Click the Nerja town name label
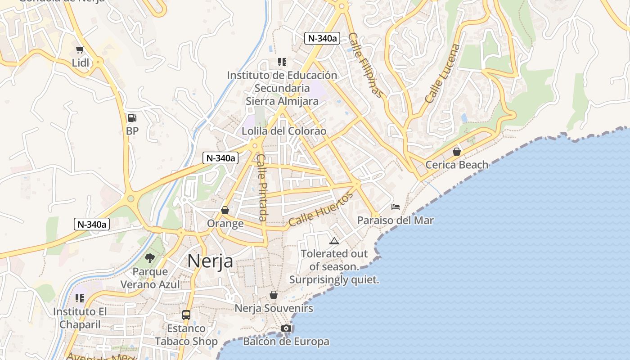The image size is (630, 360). (210, 261)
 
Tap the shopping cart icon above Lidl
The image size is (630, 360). (80, 50)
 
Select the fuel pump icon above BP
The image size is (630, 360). (132, 118)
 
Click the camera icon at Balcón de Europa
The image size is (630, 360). (286, 328)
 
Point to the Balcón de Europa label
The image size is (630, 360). (286, 342)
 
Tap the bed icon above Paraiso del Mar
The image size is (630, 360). (396, 207)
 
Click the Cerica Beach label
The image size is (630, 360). (457, 165)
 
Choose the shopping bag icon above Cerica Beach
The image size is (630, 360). (456, 152)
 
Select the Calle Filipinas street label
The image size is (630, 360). (366, 65)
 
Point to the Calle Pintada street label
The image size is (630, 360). (262, 187)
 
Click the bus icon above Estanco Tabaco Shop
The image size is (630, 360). (186, 315)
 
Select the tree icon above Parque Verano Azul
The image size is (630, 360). (150, 258)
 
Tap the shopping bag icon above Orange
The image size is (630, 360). (225, 210)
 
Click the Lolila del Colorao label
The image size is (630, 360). (284, 131)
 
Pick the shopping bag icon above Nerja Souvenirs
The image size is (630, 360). (273, 295)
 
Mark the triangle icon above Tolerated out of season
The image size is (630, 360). (334, 241)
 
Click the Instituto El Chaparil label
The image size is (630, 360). (80, 318)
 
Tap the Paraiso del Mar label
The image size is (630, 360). (396, 220)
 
